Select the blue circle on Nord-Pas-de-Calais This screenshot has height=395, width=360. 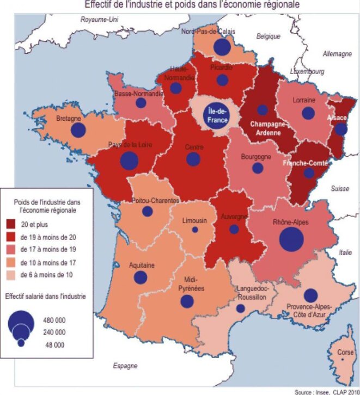pos(222,47)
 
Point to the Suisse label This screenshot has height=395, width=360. pos(339,189)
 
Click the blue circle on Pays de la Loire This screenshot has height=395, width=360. pos(129,161)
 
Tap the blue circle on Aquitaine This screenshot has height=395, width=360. pos(141,277)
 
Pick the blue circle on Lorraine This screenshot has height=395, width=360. pos(308,113)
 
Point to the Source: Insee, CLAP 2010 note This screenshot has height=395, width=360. pos(326,391)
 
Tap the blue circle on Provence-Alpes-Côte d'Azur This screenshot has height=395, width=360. pos(311,295)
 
